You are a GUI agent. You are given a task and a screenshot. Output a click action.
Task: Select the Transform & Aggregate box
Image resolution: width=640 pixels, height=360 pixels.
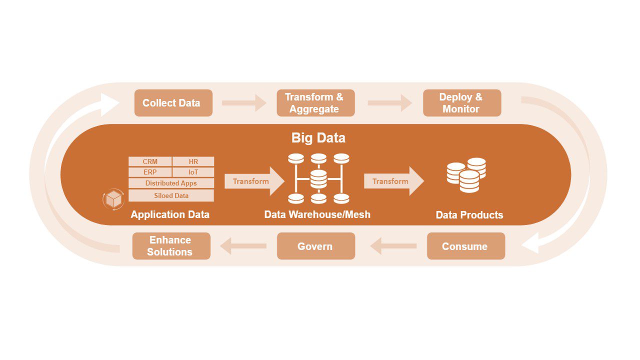315,103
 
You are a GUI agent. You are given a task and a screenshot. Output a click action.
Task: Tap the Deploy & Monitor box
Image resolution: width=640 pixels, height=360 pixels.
461,103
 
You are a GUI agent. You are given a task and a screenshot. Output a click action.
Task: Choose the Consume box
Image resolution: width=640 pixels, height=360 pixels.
465,246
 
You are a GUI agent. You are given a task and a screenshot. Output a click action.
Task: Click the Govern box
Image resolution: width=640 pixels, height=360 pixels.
315,246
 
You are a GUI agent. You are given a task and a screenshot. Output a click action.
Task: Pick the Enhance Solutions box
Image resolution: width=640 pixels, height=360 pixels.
171,246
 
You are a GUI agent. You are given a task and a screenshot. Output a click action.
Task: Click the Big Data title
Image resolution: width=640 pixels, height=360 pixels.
318,137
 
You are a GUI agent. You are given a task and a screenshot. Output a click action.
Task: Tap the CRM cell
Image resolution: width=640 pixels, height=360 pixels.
150,161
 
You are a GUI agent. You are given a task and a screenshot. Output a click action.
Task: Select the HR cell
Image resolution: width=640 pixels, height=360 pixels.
193,161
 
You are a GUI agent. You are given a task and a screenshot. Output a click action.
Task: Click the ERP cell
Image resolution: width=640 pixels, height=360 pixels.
150,172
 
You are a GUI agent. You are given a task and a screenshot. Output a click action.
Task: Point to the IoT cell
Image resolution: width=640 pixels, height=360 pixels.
193,172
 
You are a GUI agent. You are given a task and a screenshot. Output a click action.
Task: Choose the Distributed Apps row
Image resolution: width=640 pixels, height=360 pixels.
171,183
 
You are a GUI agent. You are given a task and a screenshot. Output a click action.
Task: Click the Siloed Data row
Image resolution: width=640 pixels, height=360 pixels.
171,195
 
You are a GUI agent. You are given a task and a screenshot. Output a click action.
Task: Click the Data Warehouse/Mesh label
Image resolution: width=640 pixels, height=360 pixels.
317,214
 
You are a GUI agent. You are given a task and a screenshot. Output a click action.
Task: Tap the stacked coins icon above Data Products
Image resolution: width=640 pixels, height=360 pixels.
466,175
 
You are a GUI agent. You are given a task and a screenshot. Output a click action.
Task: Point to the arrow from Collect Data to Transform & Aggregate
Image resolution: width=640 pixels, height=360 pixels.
244,103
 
